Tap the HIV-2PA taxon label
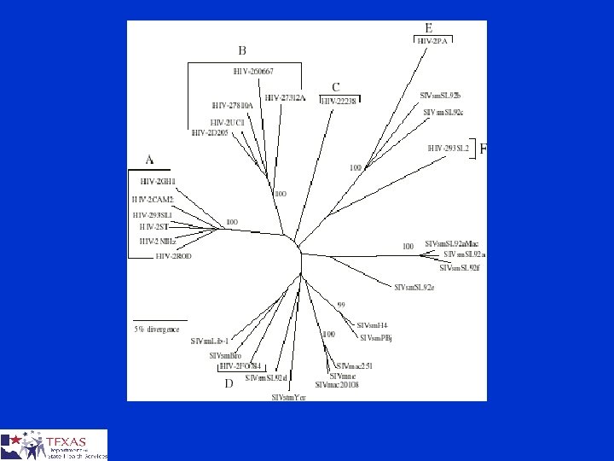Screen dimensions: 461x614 coord(433,39)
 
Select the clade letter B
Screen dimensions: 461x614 coord(242,50)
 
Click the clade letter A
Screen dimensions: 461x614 coord(150,159)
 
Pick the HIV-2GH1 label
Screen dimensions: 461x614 coord(158,181)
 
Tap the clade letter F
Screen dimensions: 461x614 coord(484,149)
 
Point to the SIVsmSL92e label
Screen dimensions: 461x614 coord(414,287)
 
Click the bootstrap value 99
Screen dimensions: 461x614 coord(340,305)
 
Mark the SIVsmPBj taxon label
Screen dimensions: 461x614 coord(375,337)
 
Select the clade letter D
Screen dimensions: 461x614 coord(228,384)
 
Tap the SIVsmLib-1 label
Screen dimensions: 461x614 coord(210,341)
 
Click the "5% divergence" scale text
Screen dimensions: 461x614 coord(156,329)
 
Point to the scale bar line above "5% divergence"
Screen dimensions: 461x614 coord(159,319)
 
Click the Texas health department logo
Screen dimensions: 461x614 coord(54,444)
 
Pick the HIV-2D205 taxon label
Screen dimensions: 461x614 coord(211,132)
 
